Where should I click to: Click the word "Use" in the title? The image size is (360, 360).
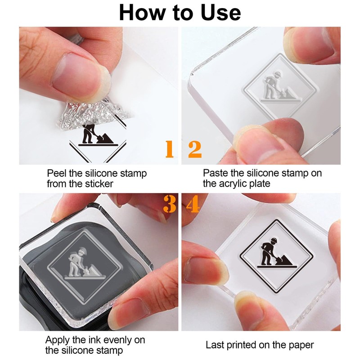(220, 13)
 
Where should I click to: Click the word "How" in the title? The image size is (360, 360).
(142, 13)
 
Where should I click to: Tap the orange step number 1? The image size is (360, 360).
(170, 149)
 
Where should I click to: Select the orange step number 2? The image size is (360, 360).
(195, 149)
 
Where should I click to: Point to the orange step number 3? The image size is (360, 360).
(170, 204)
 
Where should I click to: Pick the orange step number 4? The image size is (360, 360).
(193, 204)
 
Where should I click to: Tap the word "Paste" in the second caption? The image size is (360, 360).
(216, 173)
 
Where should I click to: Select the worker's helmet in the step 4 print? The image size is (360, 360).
(274, 240)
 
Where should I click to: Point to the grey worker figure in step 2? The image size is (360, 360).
(272, 85)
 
